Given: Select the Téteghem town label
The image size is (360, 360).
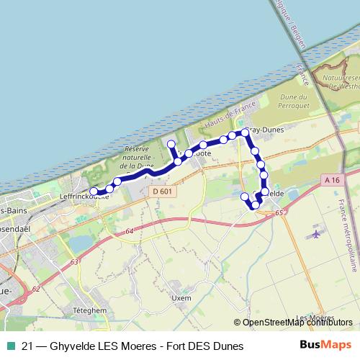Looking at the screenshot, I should (x=90, y=310).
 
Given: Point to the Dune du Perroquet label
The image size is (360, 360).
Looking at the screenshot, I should (x=293, y=102).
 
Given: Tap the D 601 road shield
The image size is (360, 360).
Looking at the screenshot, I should (x=162, y=191).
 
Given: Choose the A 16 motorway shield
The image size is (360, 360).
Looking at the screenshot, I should (x=331, y=179).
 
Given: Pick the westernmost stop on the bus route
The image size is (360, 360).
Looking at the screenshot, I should (x=94, y=192).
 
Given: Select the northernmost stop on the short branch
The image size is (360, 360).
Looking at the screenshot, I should (x=171, y=145).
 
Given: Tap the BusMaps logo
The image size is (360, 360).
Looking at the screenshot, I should (x=325, y=345).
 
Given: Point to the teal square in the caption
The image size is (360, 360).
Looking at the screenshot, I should (x=10, y=346).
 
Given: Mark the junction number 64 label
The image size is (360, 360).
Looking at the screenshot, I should (x=129, y=231).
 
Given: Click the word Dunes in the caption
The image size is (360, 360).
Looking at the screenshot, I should (x=228, y=346).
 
